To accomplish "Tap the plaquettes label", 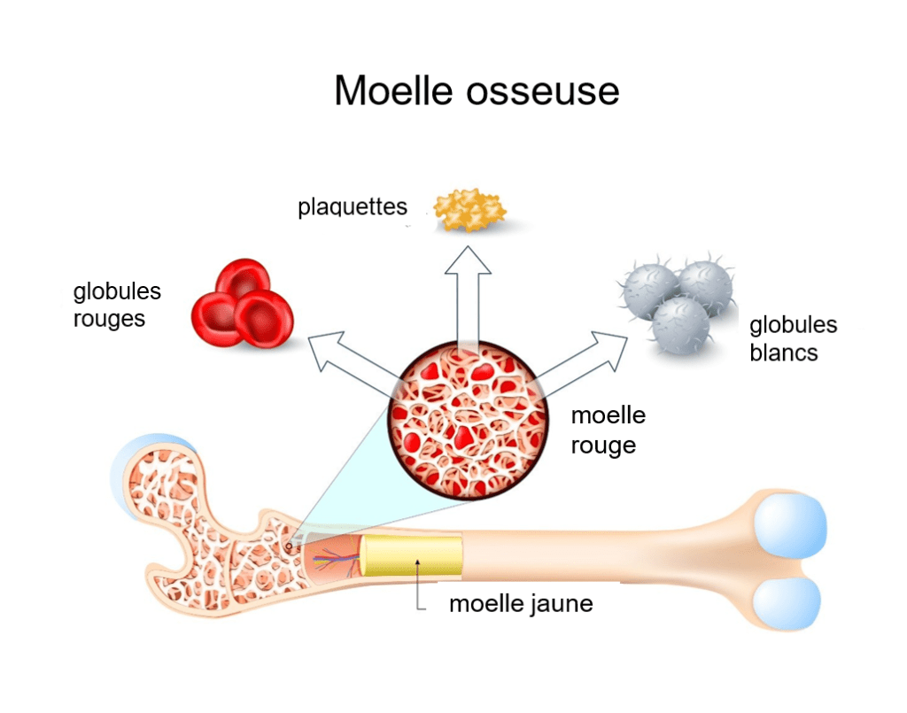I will (353, 207).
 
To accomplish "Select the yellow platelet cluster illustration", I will (469, 211).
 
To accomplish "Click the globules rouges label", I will (117, 305).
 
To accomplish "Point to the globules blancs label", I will (793, 338).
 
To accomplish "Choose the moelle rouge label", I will (608, 430).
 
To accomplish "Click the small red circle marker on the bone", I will (289, 546).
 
